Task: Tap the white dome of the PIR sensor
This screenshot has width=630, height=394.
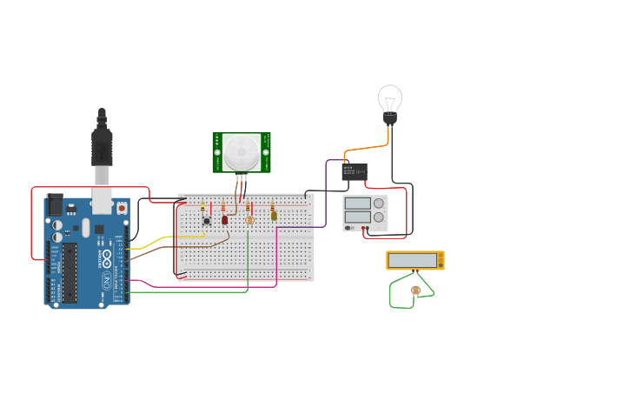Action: [x=241, y=152]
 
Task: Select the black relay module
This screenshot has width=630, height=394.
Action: [x=355, y=172]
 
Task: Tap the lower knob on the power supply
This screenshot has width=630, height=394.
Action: [x=379, y=217]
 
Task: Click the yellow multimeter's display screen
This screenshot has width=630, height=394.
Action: [x=412, y=260]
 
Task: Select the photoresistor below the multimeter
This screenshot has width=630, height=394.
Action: [x=415, y=290]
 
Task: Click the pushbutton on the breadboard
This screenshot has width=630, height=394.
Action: [x=207, y=221]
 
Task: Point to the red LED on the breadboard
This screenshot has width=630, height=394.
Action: [x=225, y=220]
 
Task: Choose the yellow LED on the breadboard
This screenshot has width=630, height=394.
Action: [x=274, y=216]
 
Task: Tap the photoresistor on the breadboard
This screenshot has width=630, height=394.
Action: [x=250, y=220]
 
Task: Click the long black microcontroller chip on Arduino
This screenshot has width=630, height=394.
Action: [x=69, y=272]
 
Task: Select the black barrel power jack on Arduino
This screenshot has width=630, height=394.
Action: [x=55, y=205]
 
